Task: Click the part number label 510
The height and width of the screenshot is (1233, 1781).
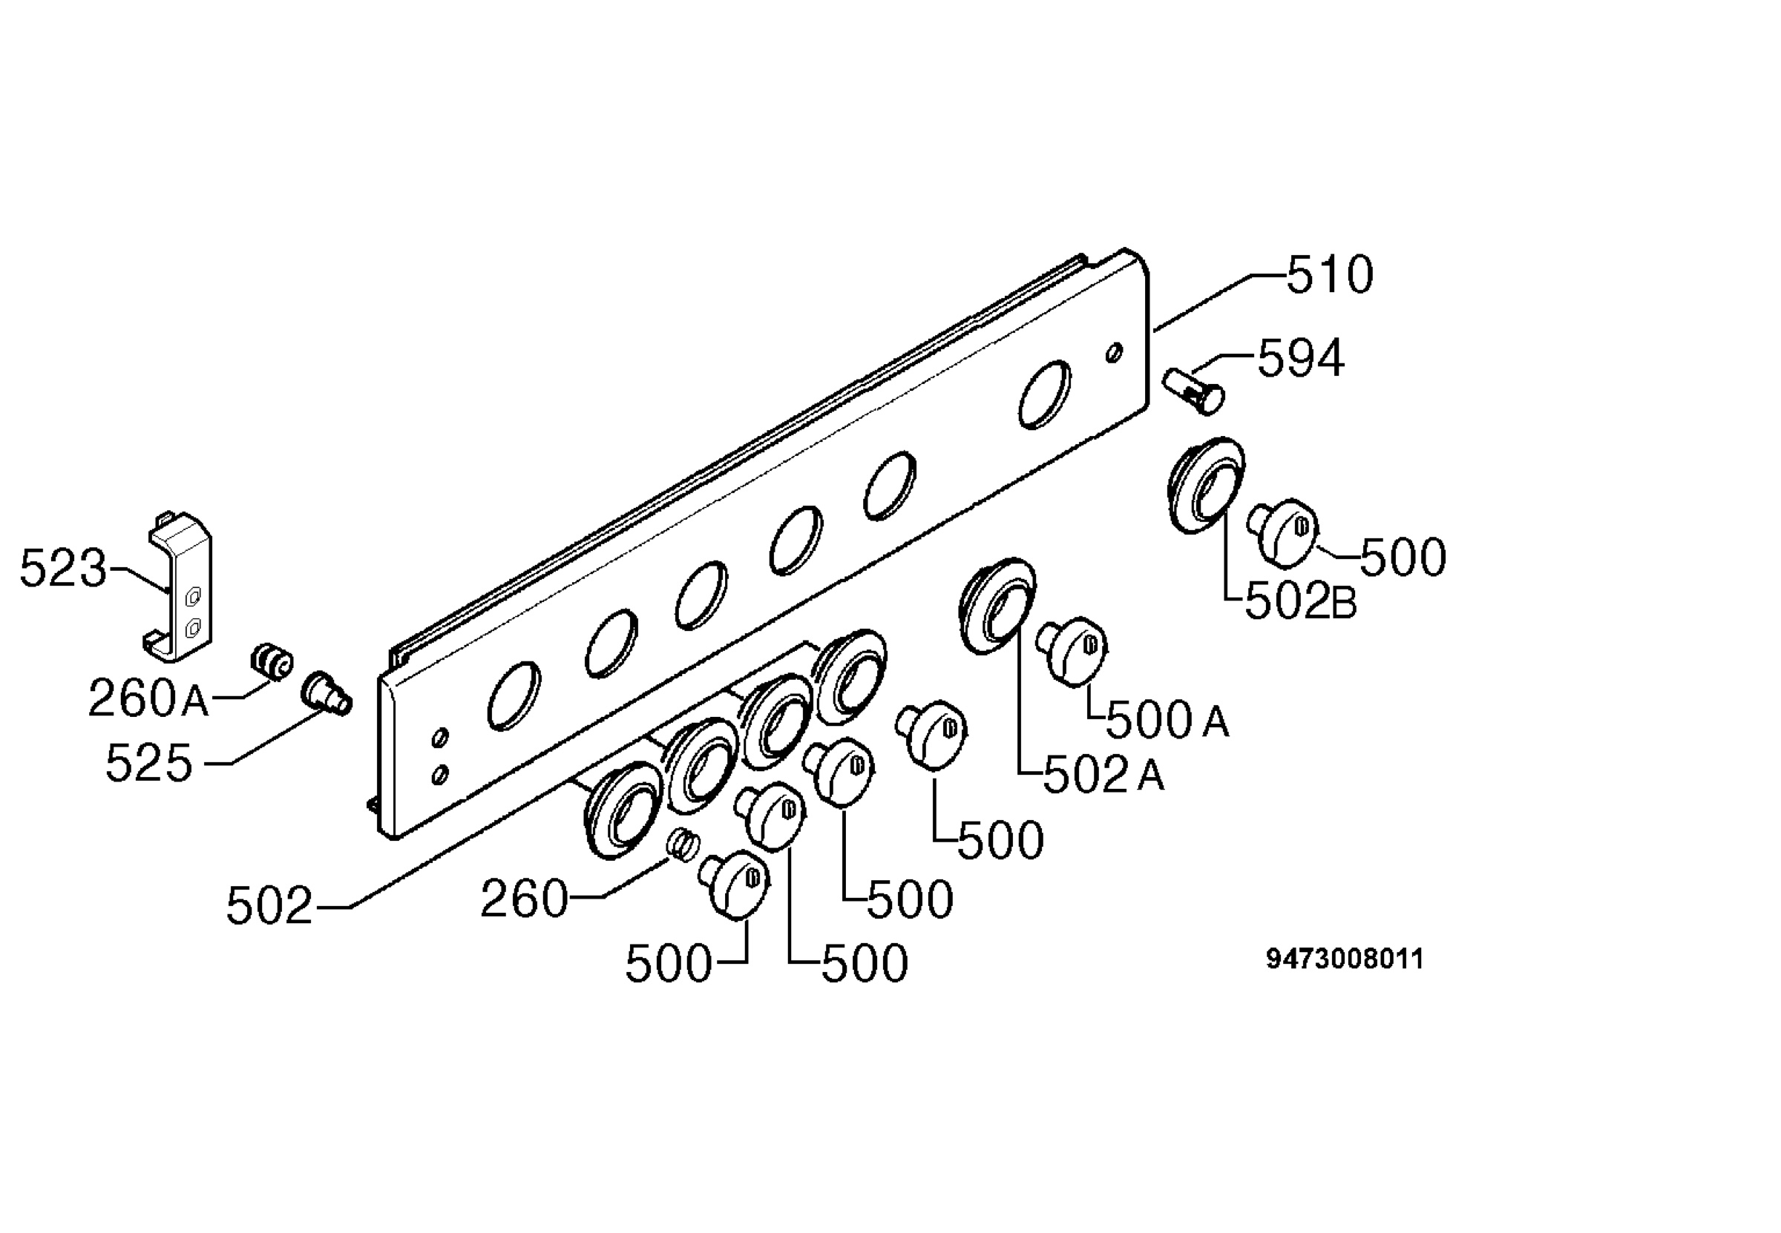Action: click(x=1330, y=275)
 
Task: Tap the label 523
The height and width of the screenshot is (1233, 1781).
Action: click(x=62, y=569)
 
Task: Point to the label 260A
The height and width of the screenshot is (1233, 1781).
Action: click(x=148, y=698)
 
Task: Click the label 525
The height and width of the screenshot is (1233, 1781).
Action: click(x=148, y=764)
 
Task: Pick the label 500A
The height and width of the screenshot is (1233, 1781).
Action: click(x=1167, y=721)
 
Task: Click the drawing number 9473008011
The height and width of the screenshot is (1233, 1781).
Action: click(x=1344, y=959)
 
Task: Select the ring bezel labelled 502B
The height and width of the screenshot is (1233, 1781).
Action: click(x=1204, y=485)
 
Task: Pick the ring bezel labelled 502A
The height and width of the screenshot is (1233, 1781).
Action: click(x=997, y=606)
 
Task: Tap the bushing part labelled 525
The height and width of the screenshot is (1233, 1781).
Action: click(x=326, y=693)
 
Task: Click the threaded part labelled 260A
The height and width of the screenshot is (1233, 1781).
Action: click(x=272, y=661)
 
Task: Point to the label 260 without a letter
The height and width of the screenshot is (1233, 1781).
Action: click(x=524, y=899)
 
